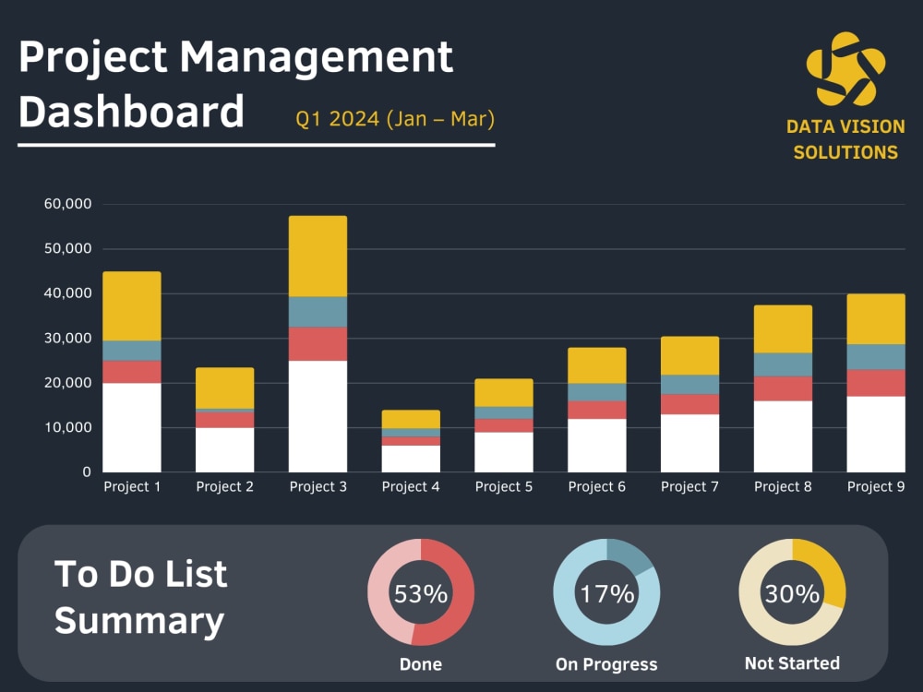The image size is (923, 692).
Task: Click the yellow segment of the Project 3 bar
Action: [x=318, y=257]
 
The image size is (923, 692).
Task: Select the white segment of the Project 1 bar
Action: [x=132, y=427]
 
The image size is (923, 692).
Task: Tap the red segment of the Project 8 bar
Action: [x=783, y=388]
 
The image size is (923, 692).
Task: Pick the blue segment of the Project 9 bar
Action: [x=876, y=357]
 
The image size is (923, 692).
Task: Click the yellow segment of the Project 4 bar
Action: [x=411, y=419]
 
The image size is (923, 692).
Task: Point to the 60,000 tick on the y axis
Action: [x=67, y=204]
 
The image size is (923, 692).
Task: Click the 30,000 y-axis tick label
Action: [x=67, y=339]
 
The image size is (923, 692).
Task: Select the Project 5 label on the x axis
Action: [x=504, y=487]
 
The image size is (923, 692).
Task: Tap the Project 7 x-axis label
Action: [x=689, y=487]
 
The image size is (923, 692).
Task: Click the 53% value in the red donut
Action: [x=421, y=594]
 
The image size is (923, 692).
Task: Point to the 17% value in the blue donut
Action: [x=606, y=594]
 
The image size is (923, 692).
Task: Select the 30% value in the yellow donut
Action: [x=792, y=594]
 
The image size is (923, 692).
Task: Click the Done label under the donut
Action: [x=421, y=664]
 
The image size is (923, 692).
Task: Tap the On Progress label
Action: [x=606, y=664]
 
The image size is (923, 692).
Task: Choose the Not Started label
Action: [x=792, y=663]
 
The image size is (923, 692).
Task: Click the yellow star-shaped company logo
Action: [x=845, y=69]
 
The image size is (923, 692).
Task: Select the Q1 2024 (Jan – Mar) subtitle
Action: [x=395, y=119]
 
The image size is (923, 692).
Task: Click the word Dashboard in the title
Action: [x=131, y=112]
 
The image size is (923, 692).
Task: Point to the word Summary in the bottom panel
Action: [x=139, y=621]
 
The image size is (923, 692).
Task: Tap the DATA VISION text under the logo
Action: [x=845, y=127]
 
